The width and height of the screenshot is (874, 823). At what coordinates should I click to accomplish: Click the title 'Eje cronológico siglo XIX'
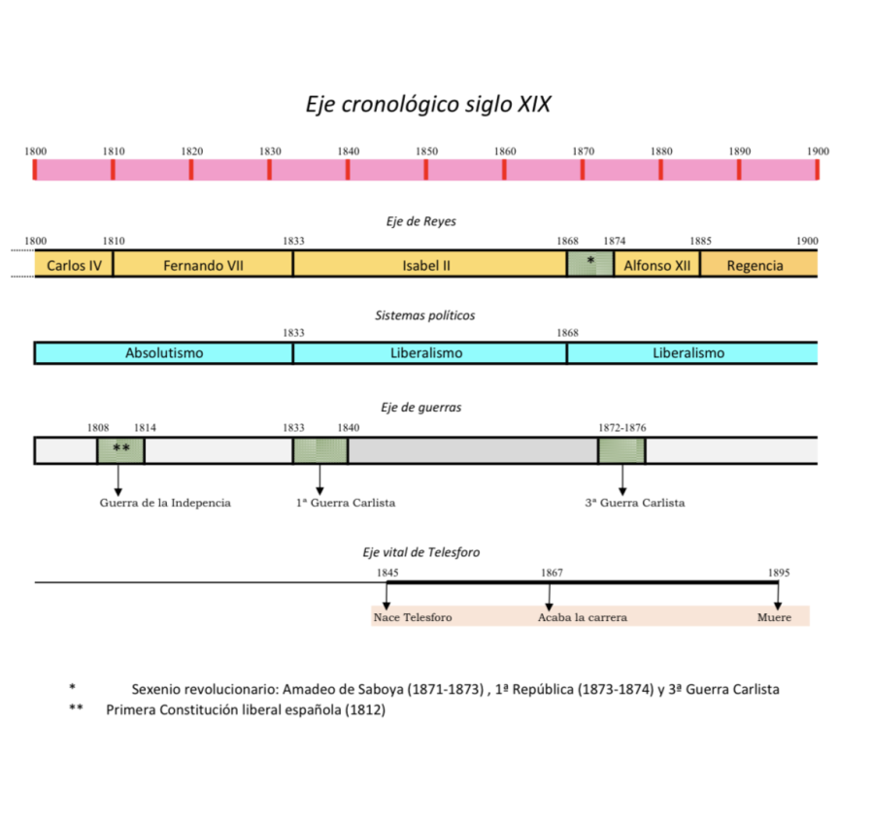[428, 104]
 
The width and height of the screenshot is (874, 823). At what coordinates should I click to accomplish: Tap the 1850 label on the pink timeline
[426, 151]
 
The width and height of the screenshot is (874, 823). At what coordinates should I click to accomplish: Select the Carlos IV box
[74, 265]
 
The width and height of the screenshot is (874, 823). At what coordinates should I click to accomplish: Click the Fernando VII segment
[203, 265]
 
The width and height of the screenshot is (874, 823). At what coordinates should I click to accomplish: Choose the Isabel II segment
[429, 265]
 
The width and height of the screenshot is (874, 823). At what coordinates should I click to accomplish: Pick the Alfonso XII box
[657, 265]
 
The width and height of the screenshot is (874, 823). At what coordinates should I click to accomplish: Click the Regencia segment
[755, 265]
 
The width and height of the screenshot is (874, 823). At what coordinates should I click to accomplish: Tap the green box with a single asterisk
[590, 263]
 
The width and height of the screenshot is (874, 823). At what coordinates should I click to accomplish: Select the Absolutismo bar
[164, 353]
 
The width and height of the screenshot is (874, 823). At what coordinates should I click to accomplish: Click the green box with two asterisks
[121, 449]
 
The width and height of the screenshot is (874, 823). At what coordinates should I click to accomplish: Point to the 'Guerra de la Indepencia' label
[165, 503]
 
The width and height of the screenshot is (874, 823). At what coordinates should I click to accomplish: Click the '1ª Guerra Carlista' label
[346, 503]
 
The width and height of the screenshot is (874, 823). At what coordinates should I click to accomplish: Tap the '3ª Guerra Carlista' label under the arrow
[635, 503]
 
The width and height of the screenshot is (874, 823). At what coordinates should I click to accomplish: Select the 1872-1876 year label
[622, 427]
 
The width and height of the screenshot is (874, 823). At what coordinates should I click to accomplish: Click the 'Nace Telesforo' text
[413, 617]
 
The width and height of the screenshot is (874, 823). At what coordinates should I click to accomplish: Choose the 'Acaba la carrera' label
[583, 617]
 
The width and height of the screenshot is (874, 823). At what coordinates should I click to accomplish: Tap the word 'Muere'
[774, 617]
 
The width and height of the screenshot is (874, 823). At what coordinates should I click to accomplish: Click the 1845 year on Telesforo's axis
[387, 573]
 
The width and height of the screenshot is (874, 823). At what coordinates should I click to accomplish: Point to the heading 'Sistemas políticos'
[425, 315]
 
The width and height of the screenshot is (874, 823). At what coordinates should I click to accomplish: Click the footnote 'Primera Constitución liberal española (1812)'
[246, 709]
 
